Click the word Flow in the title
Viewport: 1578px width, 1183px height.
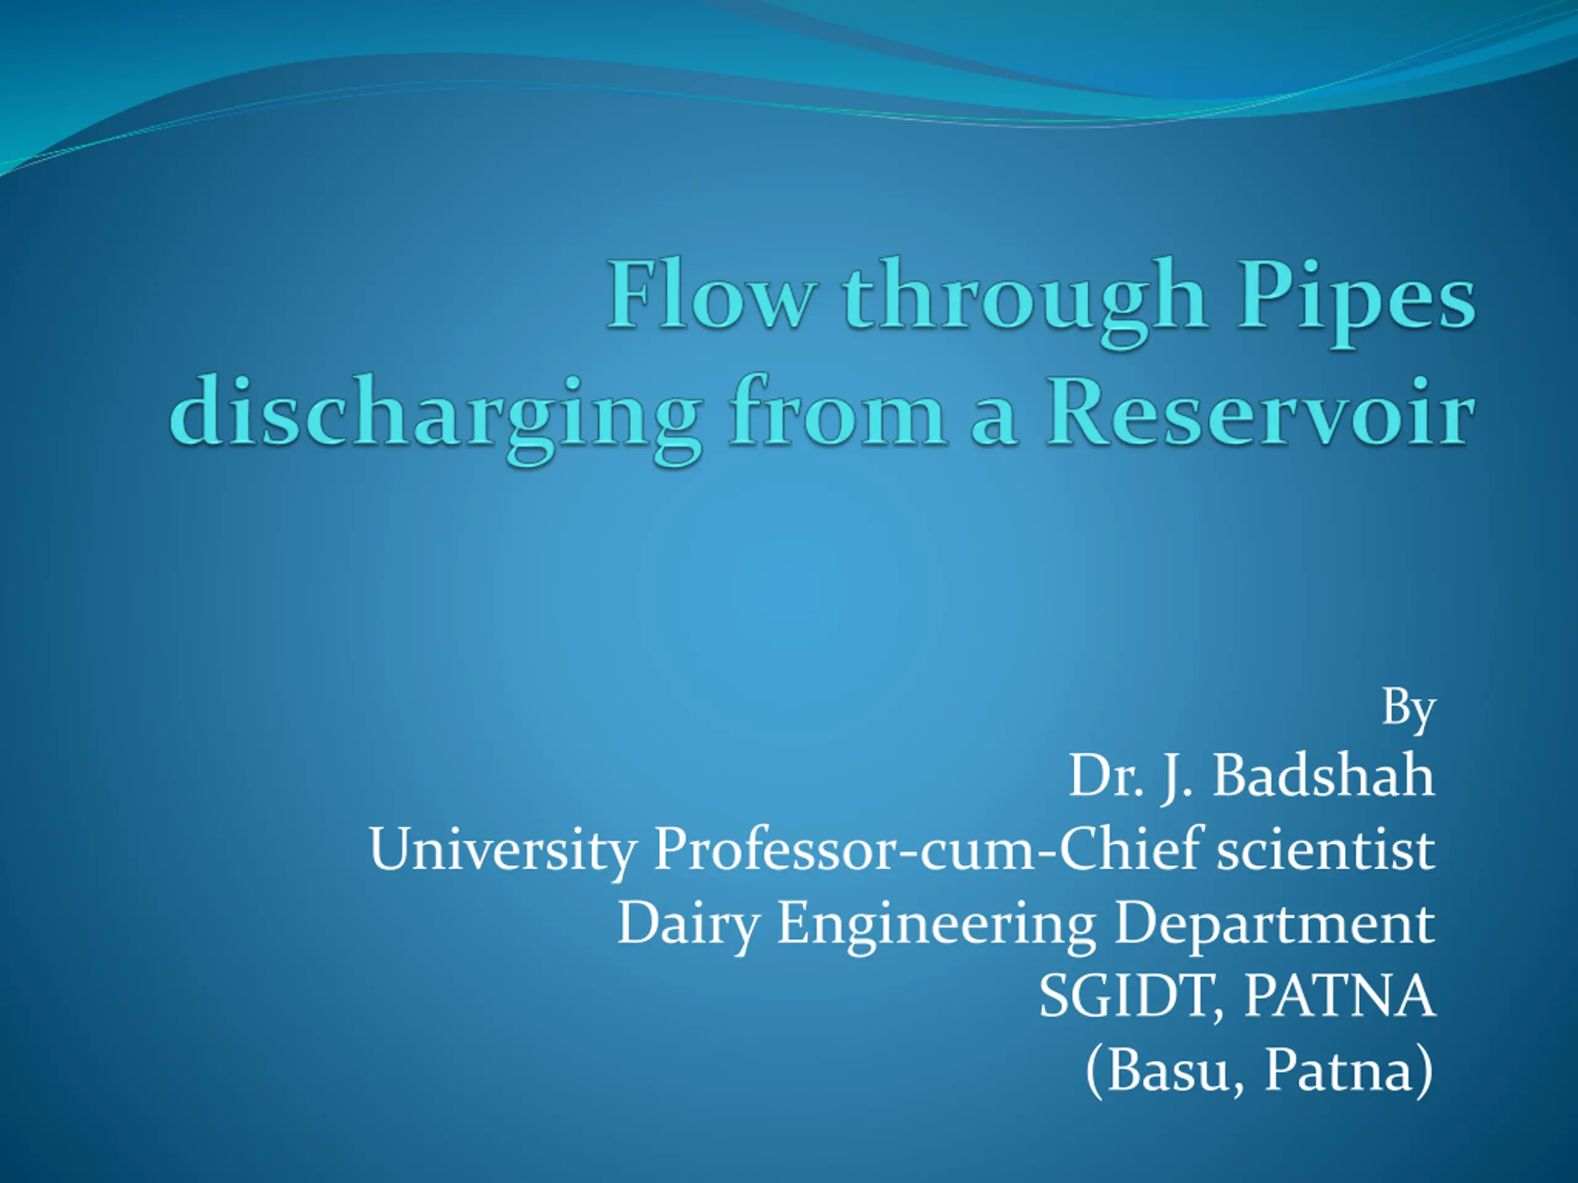711,293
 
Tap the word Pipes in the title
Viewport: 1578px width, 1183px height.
1356,300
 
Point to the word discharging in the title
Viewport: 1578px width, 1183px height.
436,418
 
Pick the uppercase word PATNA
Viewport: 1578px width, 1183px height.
1339,996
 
